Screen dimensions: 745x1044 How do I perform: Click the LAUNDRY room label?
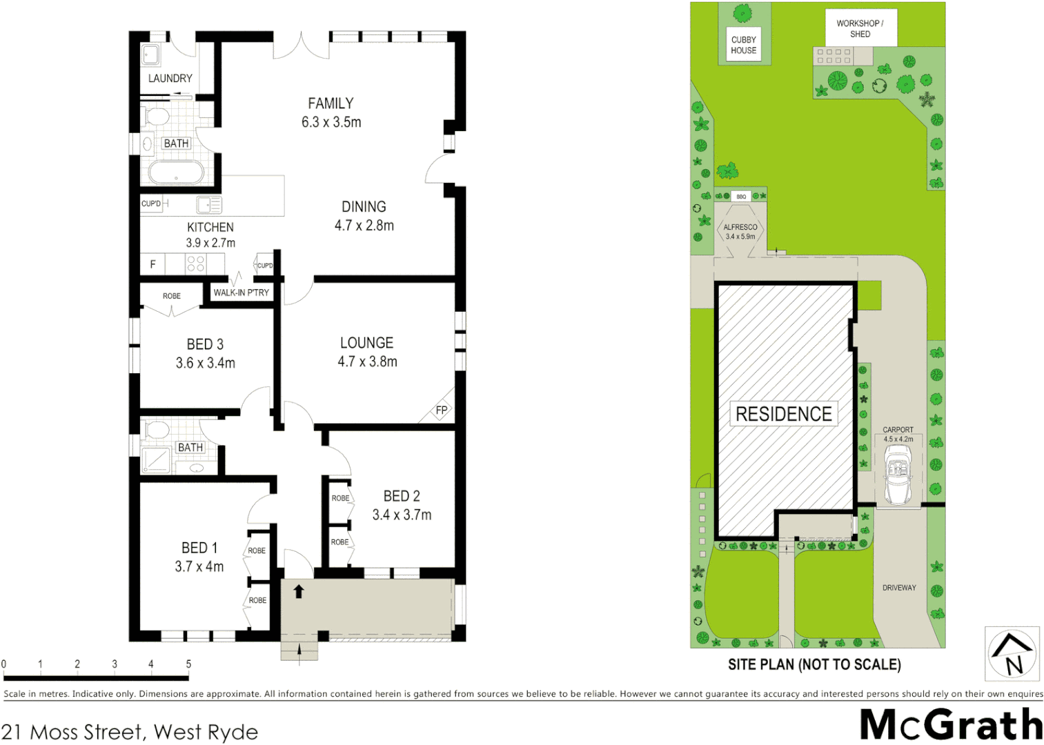click(x=170, y=79)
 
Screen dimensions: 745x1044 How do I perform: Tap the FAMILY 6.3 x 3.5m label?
click(x=331, y=112)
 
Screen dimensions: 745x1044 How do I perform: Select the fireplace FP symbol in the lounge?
click(x=442, y=410)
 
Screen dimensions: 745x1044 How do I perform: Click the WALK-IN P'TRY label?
click(x=241, y=292)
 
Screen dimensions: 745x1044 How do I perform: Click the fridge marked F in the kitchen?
click(x=153, y=264)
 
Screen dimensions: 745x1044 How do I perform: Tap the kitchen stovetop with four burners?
click(x=195, y=264)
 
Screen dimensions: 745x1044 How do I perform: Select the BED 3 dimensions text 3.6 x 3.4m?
click(x=205, y=363)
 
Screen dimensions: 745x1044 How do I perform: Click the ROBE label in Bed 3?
click(x=171, y=296)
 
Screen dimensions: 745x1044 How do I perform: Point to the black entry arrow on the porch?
click(x=299, y=591)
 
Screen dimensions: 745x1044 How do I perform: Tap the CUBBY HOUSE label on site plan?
click(x=743, y=45)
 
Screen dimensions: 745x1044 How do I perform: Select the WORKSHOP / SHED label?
click(x=860, y=28)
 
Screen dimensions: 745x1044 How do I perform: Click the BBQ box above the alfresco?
click(x=741, y=197)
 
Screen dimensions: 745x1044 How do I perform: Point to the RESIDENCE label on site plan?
click(x=783, y=414)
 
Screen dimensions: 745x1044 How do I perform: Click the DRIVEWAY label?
click(x=899, y=588)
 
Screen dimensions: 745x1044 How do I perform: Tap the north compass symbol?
click(x=1012, y=654)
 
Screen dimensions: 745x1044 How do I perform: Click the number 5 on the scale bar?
click(x=188, y=664)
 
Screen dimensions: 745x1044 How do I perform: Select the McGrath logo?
click(x=951, y=725)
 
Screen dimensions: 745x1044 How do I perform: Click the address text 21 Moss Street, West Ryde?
click(x=130, y=732)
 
